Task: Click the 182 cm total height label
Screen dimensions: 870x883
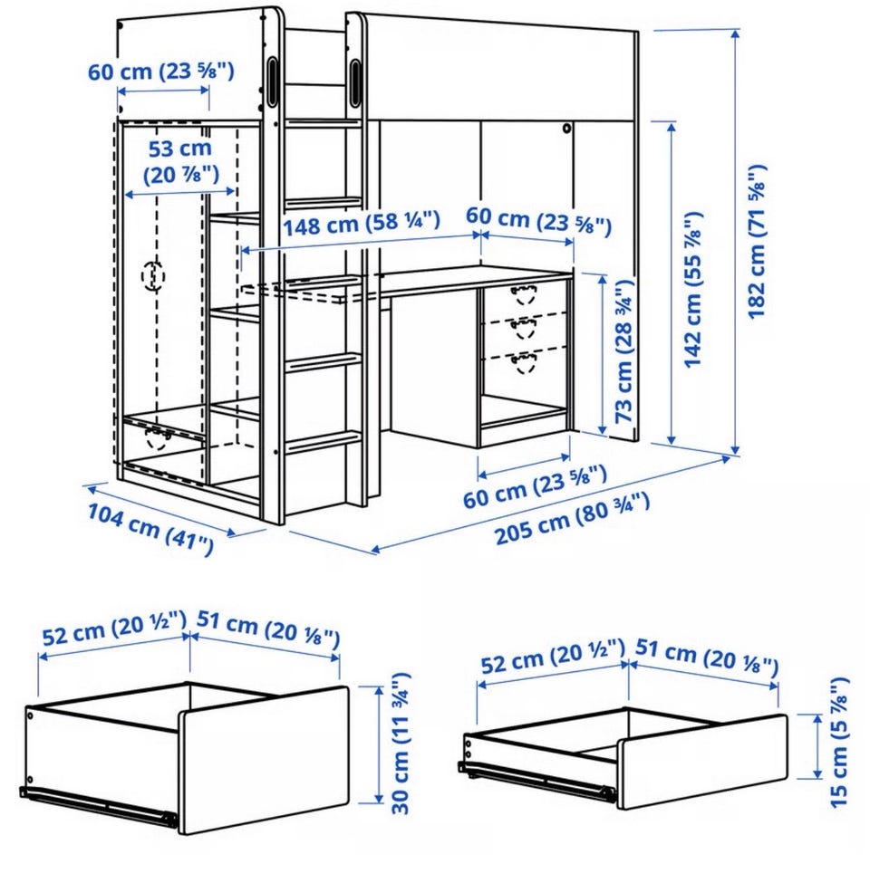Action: [x=756, y=241]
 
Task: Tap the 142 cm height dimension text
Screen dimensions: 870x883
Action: [x=693, y=290]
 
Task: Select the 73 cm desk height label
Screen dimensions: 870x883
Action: [x=623, y=352]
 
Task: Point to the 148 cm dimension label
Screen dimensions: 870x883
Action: [x=361, y=224]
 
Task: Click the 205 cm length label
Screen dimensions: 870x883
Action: [x=572, y=519]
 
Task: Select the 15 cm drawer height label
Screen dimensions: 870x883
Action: [x=839, y=742]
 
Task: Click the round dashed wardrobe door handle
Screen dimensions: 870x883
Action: [x=152, y=275]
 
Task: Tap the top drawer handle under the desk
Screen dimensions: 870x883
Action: [x=524, y=296]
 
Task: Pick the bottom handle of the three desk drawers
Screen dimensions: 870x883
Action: [x=524, y=362]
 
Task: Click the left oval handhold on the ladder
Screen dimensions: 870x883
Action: [x=273, y=82]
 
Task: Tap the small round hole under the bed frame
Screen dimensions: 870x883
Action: [x=566, y=129]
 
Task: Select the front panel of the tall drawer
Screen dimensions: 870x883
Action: [x=264, y=760]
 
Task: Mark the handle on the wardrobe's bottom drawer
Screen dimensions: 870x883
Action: [x=159, y=437]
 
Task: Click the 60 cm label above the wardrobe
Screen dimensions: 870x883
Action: [x=160, y=72]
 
